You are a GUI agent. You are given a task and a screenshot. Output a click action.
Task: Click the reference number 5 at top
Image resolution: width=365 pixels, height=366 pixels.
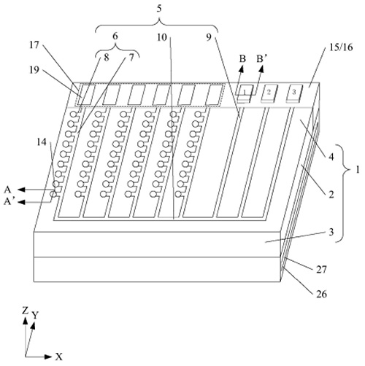(x=158, y=9)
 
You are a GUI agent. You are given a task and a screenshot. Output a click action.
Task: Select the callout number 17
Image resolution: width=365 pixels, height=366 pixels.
(x=34, y=44)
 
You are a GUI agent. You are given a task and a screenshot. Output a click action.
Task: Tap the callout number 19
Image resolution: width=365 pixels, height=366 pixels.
(x=34, y=70)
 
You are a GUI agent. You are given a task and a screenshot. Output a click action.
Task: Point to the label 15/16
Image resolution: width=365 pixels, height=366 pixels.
(x=341, y=47)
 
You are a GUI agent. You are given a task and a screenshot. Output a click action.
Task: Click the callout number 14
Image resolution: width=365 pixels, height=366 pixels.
(x=42, y=142)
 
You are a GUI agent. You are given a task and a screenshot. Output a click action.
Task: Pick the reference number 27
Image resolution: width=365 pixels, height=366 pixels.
(x=321, y=269)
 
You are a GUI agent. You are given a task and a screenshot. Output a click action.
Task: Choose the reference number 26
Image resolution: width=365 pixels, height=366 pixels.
(x=321, y=295)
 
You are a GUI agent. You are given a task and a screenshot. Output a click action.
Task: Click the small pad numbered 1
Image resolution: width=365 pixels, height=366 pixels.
(x=245, y=92)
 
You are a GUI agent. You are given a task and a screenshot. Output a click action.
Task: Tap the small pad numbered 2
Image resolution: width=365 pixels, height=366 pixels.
(x=269, y=92)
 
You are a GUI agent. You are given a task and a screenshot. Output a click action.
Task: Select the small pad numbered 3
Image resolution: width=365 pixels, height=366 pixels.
(x=294, y=92)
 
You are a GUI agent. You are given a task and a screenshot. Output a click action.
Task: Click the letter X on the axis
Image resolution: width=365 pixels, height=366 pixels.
(x=59, y=357)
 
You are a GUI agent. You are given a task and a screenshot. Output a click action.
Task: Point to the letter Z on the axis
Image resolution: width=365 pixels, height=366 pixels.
(x=26, y=311)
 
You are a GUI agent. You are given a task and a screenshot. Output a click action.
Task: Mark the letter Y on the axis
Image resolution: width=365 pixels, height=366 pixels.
(x=36, y=315)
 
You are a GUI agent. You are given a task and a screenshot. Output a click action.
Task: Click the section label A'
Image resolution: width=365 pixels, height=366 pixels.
(x=8, y=201)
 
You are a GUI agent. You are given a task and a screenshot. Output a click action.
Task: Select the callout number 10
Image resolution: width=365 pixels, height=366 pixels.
(x=162, y=37)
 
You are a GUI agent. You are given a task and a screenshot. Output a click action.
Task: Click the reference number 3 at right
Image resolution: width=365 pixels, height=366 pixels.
(x=331, y=232)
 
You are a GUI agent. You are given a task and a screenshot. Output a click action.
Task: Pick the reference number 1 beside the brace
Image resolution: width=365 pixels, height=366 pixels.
(x=357, y=170)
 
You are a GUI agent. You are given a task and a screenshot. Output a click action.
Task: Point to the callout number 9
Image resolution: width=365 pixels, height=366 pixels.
(x=209, y=37)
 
